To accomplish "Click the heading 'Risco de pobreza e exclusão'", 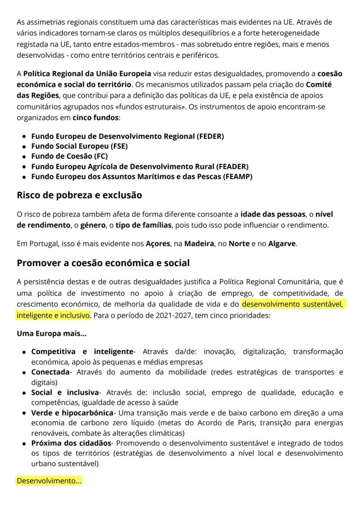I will coord(79,195).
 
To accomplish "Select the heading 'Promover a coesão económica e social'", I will coord(103,263).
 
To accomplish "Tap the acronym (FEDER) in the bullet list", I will coord(210,136).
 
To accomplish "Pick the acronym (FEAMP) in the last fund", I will coord(237,176).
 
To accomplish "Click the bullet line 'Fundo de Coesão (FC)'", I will coord(69,156).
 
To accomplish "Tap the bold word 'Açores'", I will coord(158,244).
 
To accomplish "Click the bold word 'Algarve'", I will coord(282,244).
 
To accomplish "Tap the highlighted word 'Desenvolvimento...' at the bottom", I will coord(49,481).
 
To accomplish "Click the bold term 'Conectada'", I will coord(50,372).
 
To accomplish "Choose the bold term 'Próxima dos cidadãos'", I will coord(71,443).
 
